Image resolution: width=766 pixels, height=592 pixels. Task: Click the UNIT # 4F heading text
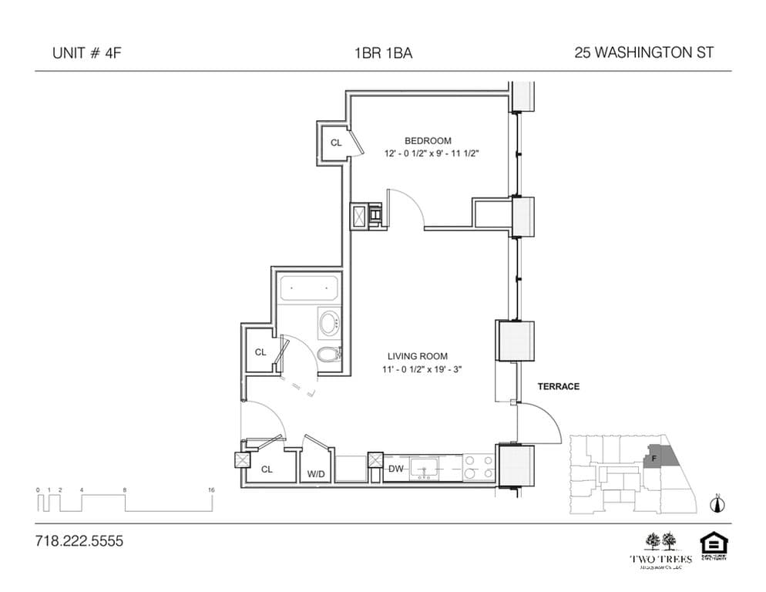point(86,53)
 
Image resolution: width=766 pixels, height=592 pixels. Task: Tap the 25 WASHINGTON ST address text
point(643,53)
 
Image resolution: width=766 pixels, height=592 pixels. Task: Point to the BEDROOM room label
point(428,140)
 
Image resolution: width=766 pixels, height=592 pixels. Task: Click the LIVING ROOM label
point(418,356)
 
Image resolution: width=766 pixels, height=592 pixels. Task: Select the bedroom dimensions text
point(432,153)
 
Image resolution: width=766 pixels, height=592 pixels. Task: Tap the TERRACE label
point(559,386)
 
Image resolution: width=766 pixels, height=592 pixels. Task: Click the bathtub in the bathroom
point(309,290)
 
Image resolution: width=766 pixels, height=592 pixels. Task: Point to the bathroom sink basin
point(330,322)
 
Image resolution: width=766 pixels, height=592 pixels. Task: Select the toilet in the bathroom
point(329,354)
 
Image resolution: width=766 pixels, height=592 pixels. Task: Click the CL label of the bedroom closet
point(336,143)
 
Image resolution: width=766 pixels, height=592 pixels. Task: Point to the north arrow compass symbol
point(718,504)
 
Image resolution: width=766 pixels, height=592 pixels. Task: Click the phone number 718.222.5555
point(79,541)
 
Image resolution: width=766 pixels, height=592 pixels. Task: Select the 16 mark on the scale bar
point(211,489)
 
